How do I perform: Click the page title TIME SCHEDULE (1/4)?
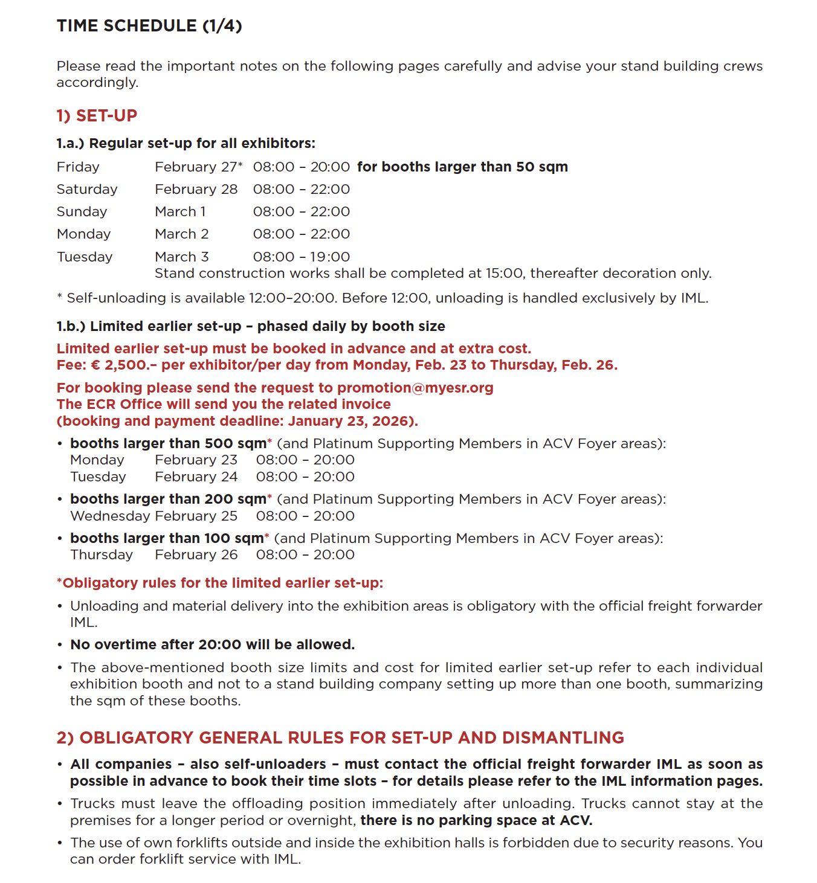(x=149, y=26)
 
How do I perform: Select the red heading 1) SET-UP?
(x=97, y=115)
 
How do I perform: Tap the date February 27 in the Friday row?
(x=196, y=167)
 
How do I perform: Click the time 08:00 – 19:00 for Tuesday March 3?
(x=301, y=257)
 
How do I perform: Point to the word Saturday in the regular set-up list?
(x=87, y=189)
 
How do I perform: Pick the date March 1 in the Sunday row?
(x=180, y=211)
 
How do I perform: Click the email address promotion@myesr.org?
(x=415, y=388)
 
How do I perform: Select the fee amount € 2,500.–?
(x=126, y=365)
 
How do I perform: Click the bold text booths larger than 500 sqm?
(x=168, y=443)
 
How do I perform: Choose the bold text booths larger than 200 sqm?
(x=168, y=499)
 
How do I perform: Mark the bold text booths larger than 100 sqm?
(x=167, y=538)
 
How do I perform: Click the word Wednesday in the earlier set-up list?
(x=110, y=516)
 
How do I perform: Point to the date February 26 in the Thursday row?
(x=196, y=554)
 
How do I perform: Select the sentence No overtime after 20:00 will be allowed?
(x=212, y=644)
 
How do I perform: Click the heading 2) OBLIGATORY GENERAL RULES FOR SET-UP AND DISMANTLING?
(x=340, y=737)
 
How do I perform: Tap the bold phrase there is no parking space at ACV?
(x=476, y=820)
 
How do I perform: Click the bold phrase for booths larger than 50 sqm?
(x=462, y=167)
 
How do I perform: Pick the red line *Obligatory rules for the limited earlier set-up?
(x=220, y=583)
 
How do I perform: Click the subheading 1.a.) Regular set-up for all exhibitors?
(x=186, y=143)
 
